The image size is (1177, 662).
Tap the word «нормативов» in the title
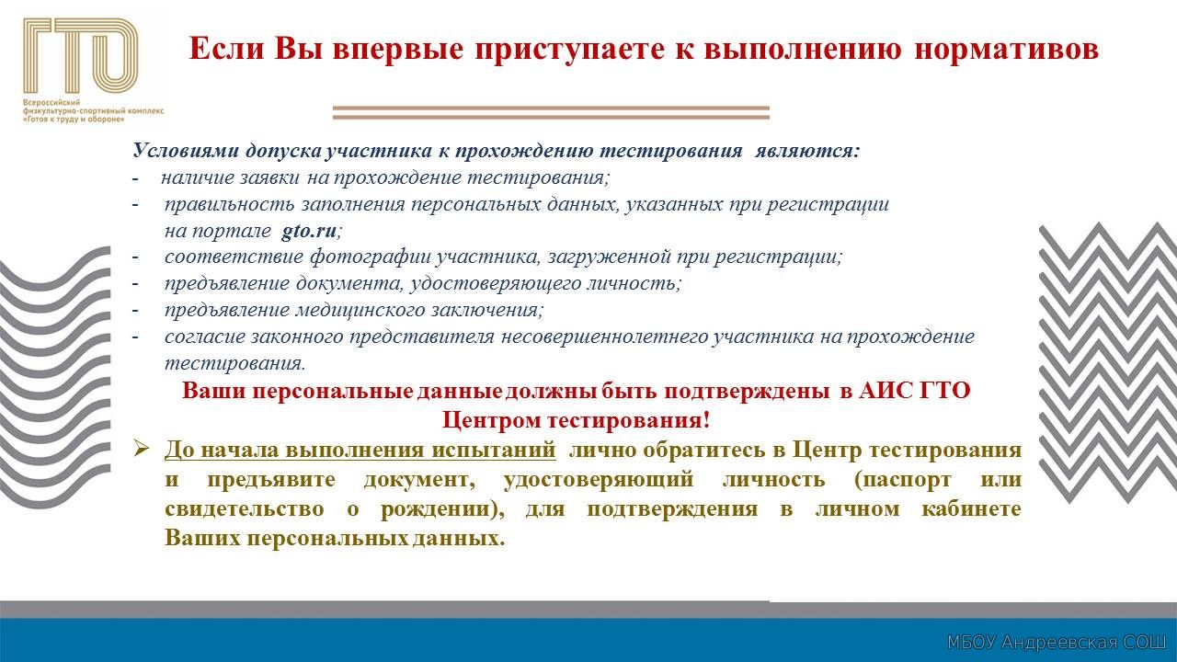(x=1007, y=49)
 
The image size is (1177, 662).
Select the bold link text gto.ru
(x=308, y=231)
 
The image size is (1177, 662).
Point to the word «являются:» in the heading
(x=807, y=151)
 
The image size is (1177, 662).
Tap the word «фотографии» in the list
(x=371, y=257)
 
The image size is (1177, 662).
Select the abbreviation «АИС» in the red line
(x=885, y=391)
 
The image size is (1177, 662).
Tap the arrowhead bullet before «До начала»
(x=142, y=450)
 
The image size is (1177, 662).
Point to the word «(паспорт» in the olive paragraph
(x=902, y=480)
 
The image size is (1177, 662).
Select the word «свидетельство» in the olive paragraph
(x=245, y=509)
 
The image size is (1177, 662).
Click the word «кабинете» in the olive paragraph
(x=971, y=509)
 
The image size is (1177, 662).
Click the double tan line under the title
(x=551, y=112)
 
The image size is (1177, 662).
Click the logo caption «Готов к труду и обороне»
(x=74, y=120)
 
